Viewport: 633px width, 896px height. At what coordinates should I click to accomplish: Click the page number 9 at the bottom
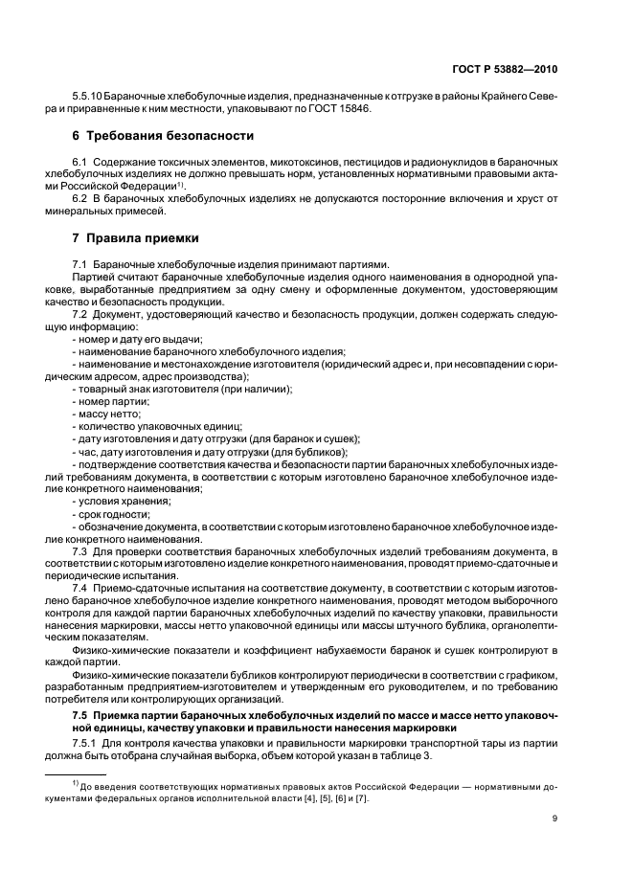coord(555,818)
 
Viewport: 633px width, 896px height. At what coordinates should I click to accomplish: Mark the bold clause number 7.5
coord(80,716)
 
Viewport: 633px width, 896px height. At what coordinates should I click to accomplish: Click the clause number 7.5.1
coord(86,744)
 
